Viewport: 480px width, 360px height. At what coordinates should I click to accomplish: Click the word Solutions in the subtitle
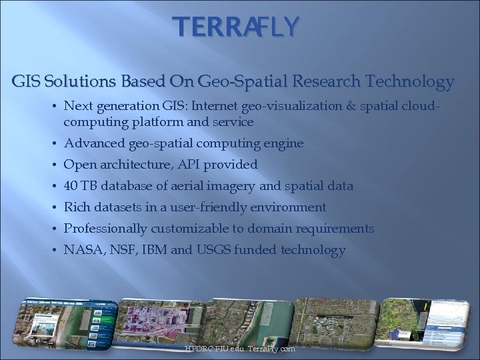tap(70, 82)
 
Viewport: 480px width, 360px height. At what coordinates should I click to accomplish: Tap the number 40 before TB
tap(71, 186)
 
